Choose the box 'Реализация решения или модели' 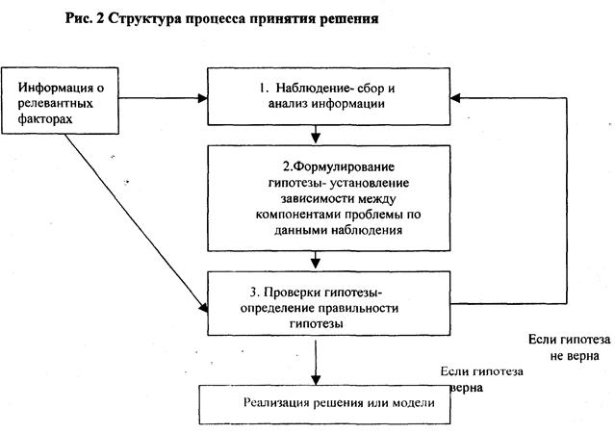[x=323, y=403]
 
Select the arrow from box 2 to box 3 [x=316, y=261]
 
